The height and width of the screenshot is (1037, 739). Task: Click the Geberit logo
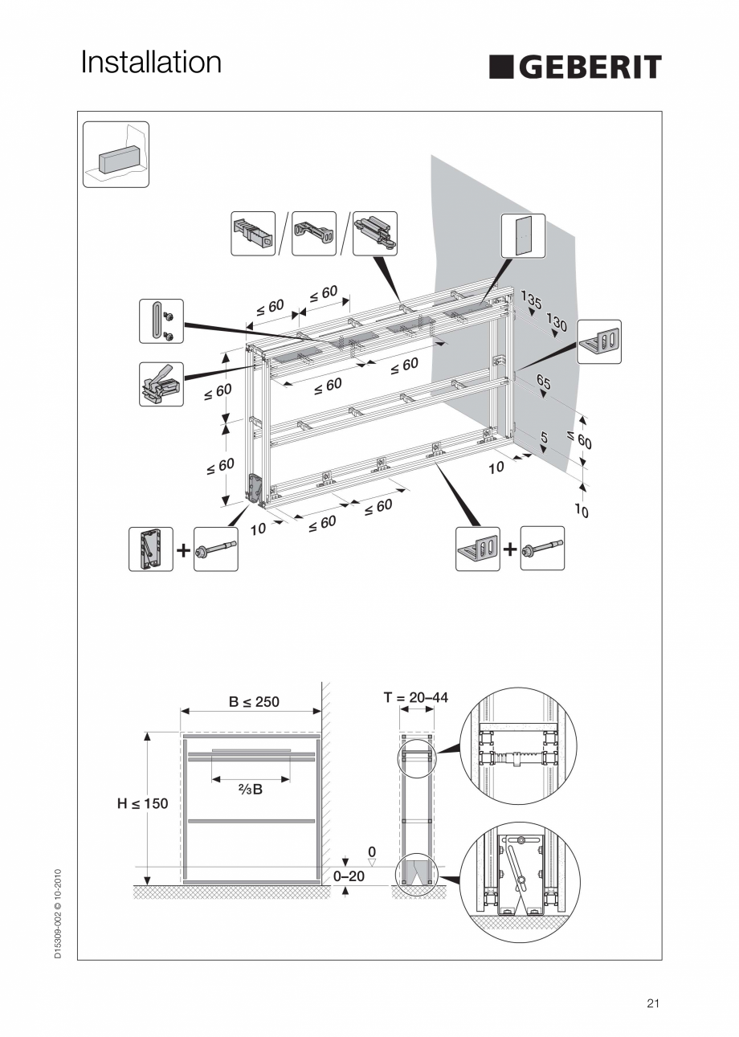pos(575,67)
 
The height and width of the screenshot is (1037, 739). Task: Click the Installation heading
pos(151,63)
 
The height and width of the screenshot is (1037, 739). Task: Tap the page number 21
pos(652,1002)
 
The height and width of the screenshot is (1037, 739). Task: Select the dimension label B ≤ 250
pos(254,701)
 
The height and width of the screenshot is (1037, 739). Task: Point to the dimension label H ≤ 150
pos(143,803)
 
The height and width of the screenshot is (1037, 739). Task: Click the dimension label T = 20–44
pos(415,697)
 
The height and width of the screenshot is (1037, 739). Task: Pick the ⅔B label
pos(251,790)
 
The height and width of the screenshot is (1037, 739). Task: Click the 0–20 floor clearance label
pos(349,876)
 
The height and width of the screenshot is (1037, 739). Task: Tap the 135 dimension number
pos(531,300)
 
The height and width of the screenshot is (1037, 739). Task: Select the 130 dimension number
pos(557,323)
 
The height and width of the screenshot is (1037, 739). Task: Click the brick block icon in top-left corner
pos(116,154)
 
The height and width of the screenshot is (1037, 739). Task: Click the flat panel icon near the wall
pos(523,235)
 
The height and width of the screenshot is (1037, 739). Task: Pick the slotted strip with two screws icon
pos(161,321)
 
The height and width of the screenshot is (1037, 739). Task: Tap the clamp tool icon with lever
pos(161,383)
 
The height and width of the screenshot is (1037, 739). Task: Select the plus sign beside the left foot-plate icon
pos(184,549)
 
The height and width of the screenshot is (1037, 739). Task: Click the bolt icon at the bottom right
pos(542,549)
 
